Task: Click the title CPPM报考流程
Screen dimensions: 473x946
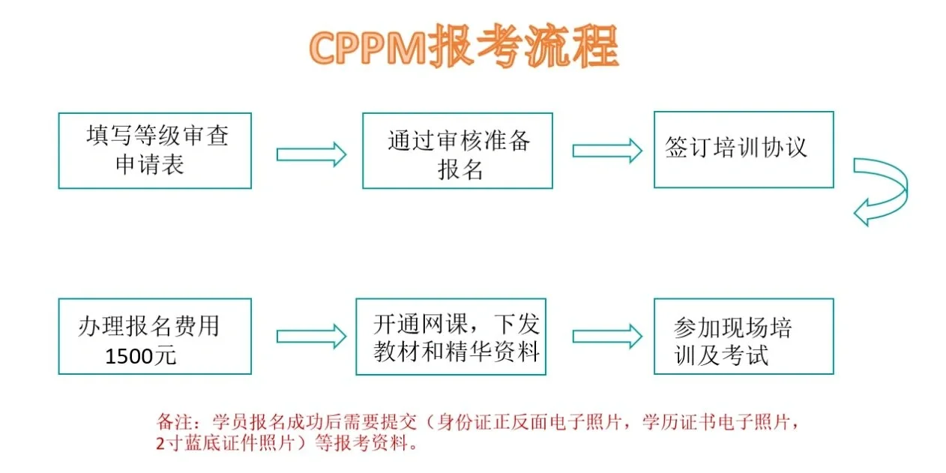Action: [463, 48]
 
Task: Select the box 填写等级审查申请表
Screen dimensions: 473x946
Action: [155, 151]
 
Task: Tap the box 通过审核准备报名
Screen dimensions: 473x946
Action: [457, 151]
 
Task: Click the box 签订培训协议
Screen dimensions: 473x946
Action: [743, 150]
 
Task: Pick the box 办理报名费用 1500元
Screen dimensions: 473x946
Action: [155, 337]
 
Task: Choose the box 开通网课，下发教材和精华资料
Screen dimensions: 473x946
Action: [451, 337]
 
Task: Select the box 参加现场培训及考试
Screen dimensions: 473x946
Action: [743, 337]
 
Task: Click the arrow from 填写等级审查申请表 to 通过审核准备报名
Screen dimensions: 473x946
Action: [311, 154]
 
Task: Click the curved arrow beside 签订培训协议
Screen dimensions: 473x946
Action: [883, 191]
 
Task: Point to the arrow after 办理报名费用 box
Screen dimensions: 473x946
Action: [311, 337]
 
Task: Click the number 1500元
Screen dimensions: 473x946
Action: [141, 356]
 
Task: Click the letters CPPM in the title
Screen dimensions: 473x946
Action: [367, 49]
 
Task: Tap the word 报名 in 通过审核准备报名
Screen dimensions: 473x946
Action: [459, 169]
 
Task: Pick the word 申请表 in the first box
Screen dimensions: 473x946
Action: [150, 164]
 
